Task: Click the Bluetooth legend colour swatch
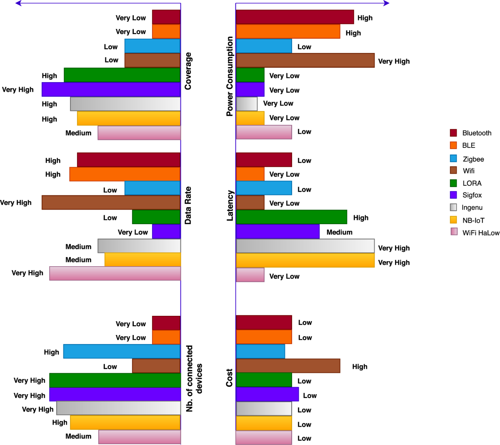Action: pyautogui.click(x=453, y=133)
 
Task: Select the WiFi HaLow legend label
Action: pyautogui.click(x=481, y=233)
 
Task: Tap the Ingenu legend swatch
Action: pyautogui.click(x=453, y=207)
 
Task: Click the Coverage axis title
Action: pyautogui.click(x=188, y=71)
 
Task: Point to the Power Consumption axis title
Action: pyautogui.click(x=230, y=76)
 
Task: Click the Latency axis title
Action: pyautogui.click(x=230, y=205)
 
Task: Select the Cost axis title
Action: pyautogui.click(x=230, y=377)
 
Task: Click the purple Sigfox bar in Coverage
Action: pyautogui.click(x=111, y=90)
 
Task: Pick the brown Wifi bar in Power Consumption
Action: pyautogui.click(x=305, y=60)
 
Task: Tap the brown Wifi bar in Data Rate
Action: pyautogui.click(x=111, y=202)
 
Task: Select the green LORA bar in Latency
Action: pyautogui.click(x=291, y=217)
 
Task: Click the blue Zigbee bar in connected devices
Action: pyautogui.click(x=122, y=352)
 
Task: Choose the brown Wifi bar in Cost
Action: pyautogui.click(x=288, y=366)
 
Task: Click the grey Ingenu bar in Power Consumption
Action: pyautogui.click(x=247, y=104)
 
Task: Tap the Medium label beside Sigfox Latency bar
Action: pyautogui.click(x=339, y=232)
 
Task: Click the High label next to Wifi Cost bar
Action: pyautogui.click(x=360, y=367)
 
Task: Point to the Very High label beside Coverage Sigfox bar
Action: pyautogui.click(x=18, y=90)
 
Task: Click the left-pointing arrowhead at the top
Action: pyautogui.click(x=18, y=3)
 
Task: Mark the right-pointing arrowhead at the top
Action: pyautogui.click(x=386, y=3)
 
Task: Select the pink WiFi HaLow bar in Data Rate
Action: pyautogui.click(x=115, y=273)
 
